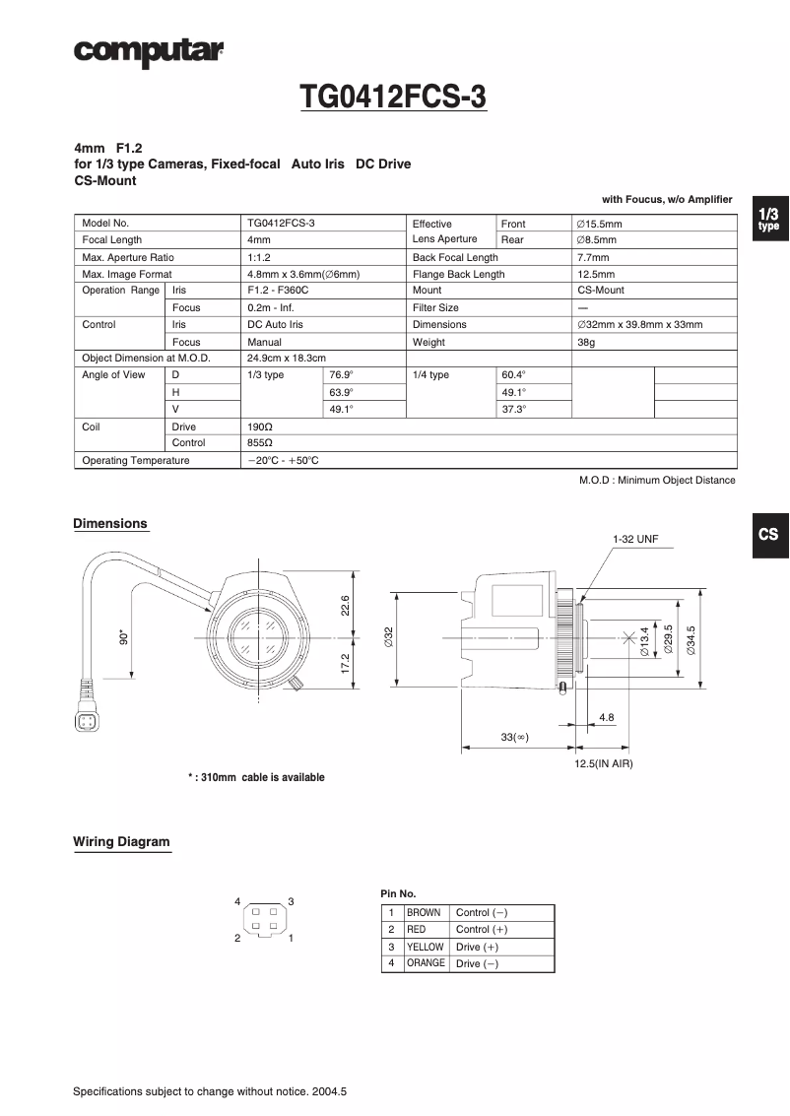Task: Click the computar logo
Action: click(149, 50)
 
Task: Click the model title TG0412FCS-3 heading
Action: click(393, 98)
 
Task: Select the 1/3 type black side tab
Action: click(768, 219)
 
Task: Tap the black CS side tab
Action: click(768, 534)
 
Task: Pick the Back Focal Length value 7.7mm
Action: click(593, 257)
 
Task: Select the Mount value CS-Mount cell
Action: click(600, 291)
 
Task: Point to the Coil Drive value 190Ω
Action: click(260, 427)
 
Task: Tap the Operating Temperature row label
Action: click(136, 460)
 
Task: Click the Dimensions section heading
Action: click(110, 524)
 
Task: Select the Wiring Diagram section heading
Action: click(121, 842)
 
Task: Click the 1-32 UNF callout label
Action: click(634, 540)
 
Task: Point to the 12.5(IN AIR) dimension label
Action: click(604, 763)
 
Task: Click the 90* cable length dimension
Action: click(123, 637)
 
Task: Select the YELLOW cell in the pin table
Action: click(426, 947)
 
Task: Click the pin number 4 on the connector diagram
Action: click(237, 902)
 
